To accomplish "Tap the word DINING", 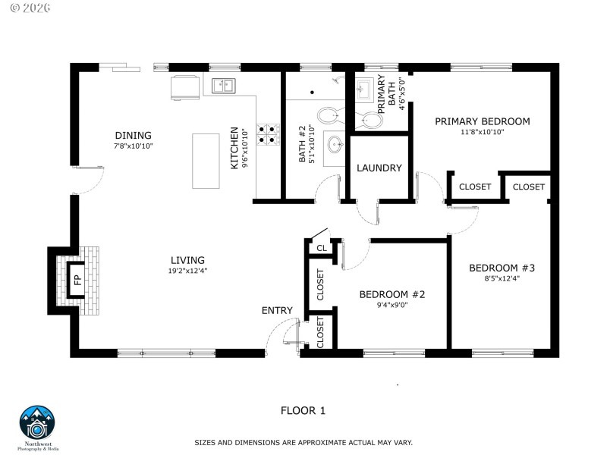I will (134, 136).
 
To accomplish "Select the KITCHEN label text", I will (235, 147).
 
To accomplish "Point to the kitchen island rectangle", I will (206, 161).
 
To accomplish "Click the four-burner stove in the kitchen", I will (268, 134).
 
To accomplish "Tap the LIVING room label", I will (187, 260).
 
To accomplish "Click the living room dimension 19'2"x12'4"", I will (187, 271).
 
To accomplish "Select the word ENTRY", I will (277, 310).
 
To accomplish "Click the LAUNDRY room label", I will (379, 168).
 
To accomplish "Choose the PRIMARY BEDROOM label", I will (482, 121).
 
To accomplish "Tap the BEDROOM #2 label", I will (392, 294).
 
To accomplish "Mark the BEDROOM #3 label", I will (502, 268).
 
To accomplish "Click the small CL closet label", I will (321, 248).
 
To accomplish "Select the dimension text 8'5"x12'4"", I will (502, 278).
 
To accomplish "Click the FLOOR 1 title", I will (303, 411).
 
